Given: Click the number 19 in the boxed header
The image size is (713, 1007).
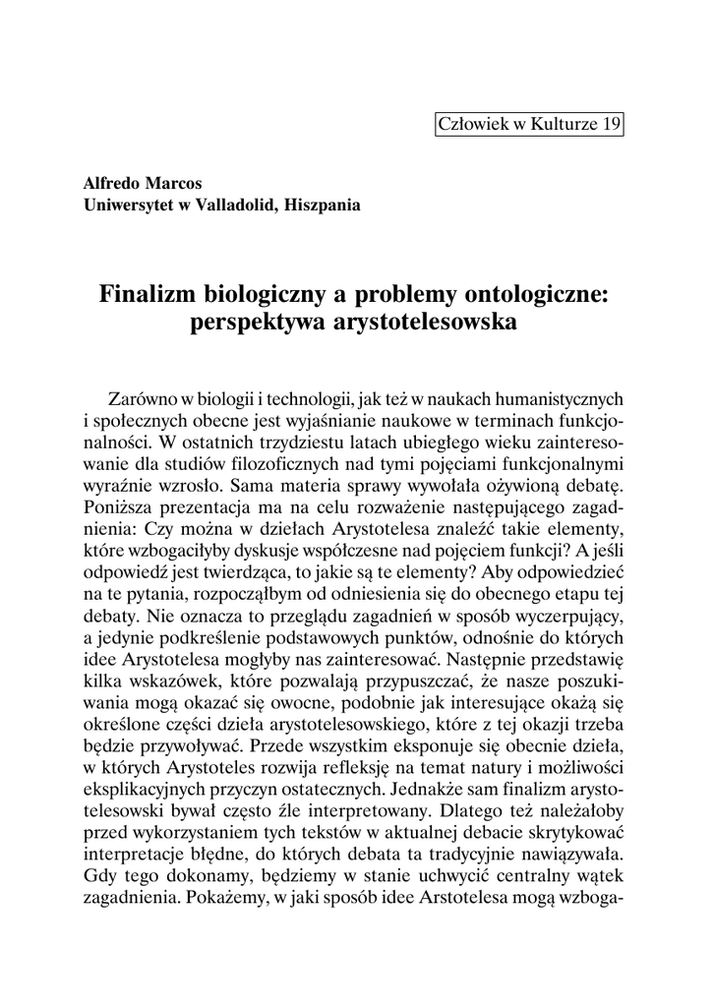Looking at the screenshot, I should tap(611, 124).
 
